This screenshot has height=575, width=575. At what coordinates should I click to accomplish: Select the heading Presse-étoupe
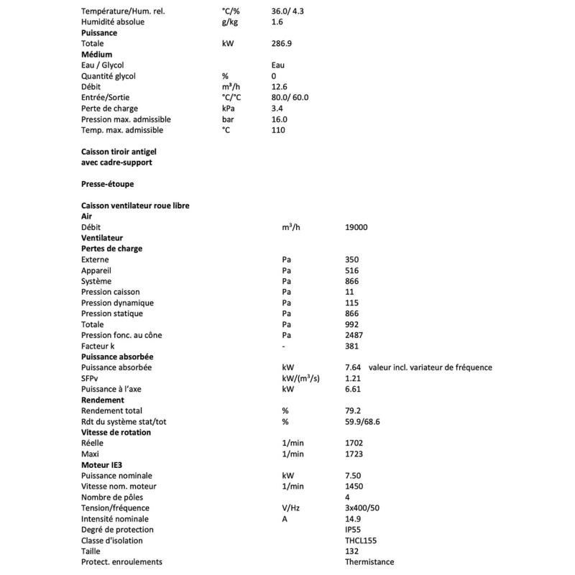click(107, 184)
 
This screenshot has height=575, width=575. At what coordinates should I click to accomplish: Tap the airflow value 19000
click(356, 227)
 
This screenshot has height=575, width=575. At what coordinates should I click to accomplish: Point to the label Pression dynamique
click(118, 303)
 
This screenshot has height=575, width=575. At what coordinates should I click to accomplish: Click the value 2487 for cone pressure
click(354, 335)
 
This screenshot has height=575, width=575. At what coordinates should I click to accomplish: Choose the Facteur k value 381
click(351, 346)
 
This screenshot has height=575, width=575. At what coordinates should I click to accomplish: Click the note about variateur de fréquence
click(430, 367)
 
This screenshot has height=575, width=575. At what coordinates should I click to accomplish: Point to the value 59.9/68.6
click(362, 421)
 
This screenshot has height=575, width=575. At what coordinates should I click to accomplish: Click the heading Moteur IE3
click(102, 464)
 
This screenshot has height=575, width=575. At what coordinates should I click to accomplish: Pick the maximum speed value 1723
click(354, 454)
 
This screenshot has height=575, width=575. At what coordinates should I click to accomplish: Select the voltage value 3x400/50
click(363, 507)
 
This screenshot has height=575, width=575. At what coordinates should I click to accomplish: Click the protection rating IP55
click(354, 529)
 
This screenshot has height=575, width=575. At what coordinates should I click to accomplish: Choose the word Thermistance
click(369, 561)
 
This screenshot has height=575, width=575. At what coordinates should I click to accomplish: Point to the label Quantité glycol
click(109, 76)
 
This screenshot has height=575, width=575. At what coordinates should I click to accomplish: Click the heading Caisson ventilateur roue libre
click(135, 206)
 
